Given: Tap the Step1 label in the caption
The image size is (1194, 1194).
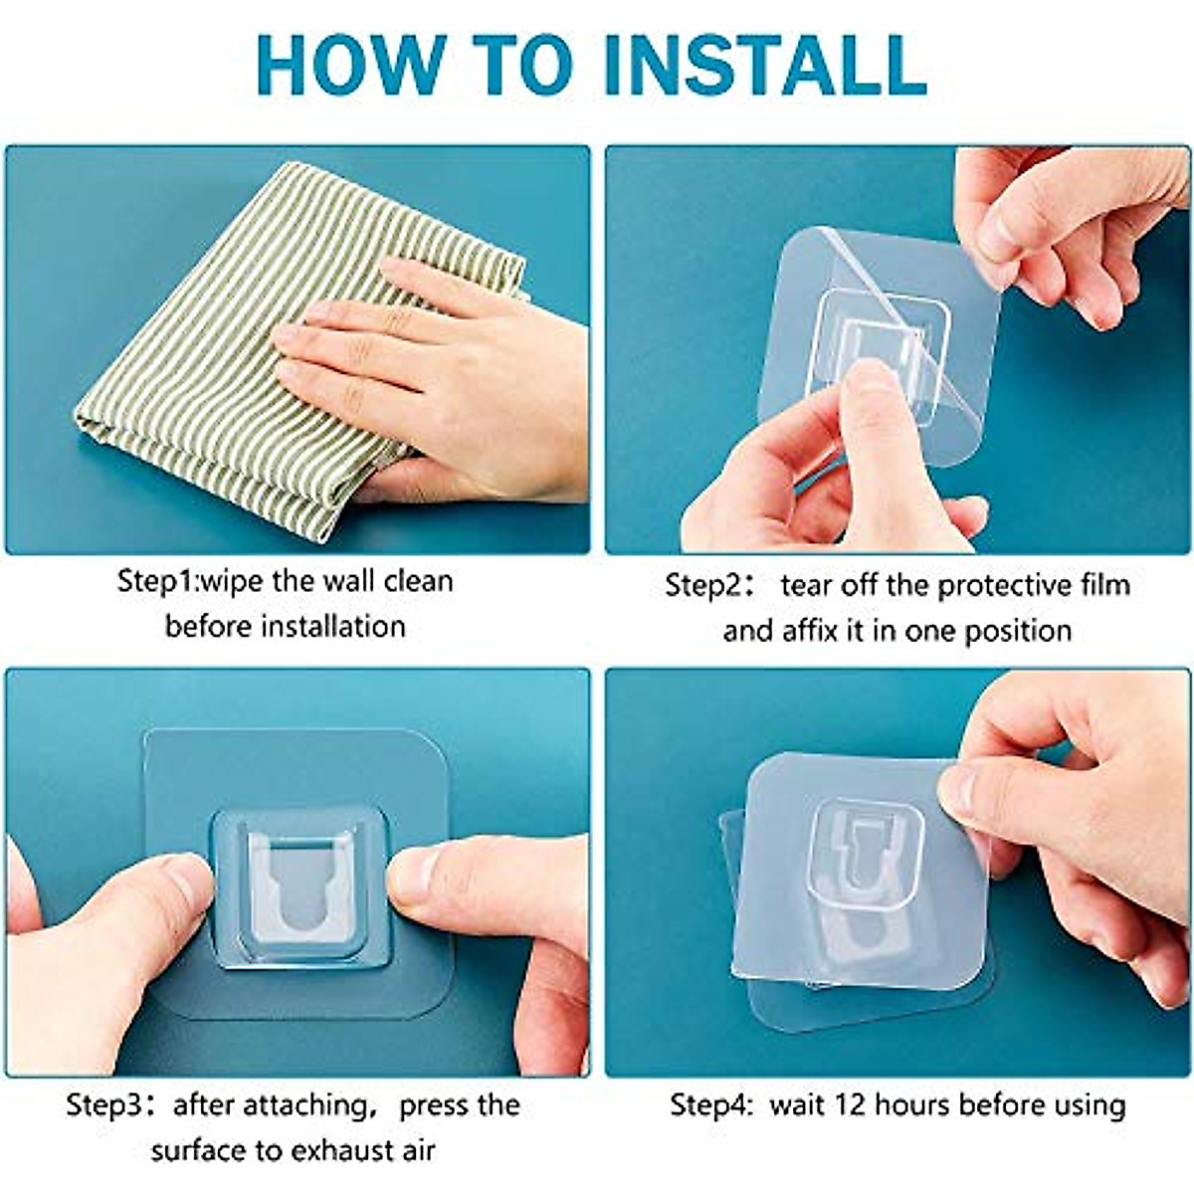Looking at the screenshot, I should coord(157,581).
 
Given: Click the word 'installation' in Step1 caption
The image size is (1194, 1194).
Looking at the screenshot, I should coord(332,627).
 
